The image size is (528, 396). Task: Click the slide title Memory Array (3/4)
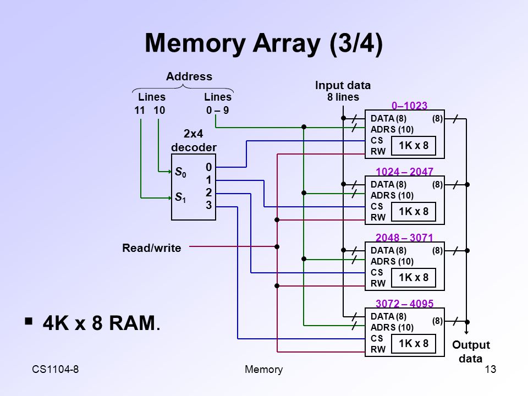[x=263, y=43]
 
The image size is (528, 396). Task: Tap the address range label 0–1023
[x=409, y=106]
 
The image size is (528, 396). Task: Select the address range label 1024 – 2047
[x=404, y=172]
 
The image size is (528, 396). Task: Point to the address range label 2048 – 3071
[x=404, y=238]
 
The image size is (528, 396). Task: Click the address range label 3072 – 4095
[x=404, y=304]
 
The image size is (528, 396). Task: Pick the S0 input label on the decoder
[x=180, y=172]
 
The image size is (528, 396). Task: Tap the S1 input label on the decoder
[x=180, y=197]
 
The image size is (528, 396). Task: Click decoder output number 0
[x=209, y=167]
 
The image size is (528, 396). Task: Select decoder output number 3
[x=209, y=205]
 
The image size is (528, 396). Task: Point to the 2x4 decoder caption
[x=194, y=140]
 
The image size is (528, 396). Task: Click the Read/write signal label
[x=152, y=248]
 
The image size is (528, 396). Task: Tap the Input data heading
[x=343, y=85]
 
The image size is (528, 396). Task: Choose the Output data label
[x=471, y=351]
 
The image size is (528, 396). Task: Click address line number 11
[x=139, y=110]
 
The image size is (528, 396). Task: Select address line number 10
[x=159, y=110]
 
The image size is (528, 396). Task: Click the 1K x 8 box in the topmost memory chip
[x=414, y=145]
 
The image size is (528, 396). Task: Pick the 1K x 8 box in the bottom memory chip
[x=414, y=343]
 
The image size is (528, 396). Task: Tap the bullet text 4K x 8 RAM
[x=101, y=323]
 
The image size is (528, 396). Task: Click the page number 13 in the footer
[x=490, y=370]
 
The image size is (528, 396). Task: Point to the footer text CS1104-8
[x=55, y=370]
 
